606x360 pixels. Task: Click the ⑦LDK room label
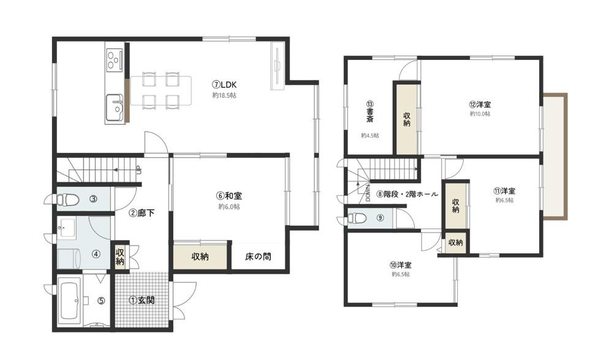click(x=224, y=84)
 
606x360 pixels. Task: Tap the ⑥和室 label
click(x=229, y=196)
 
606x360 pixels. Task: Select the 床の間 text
click(x=258, y=256)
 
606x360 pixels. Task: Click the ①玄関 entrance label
click(x=142, y=300)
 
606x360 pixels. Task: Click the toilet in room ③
click(x=67, y=200)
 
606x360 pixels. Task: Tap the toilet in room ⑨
click(x=357, y=218)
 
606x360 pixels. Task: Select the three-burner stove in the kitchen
click(x=113, y=59)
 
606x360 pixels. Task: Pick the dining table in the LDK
click(x=161, y=91)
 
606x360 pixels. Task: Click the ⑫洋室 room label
click(x=480, y=104)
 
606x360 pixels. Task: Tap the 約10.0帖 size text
click(x=480, y=114)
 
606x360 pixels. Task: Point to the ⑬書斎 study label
click(x=370, y=111)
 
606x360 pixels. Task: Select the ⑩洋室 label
click(x=401, y=265)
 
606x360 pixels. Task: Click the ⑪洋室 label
click(x=504, y=191)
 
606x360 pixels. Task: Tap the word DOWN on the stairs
click(x=368, y=192)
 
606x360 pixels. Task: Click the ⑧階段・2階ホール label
click(x=407, y=194)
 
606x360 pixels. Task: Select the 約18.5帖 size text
click(x=224, y=95)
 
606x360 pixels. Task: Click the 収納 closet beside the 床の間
click(x=200, y=256)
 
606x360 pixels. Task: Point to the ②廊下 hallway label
click(x=142, y=213)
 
